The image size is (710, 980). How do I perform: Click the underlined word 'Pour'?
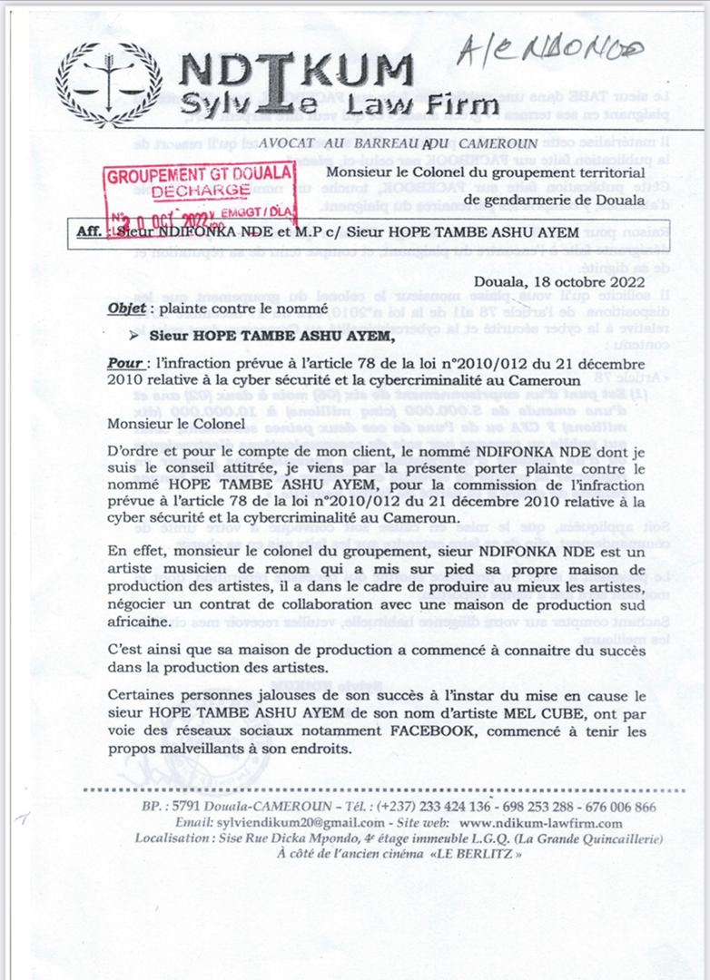tap(125, 363)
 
